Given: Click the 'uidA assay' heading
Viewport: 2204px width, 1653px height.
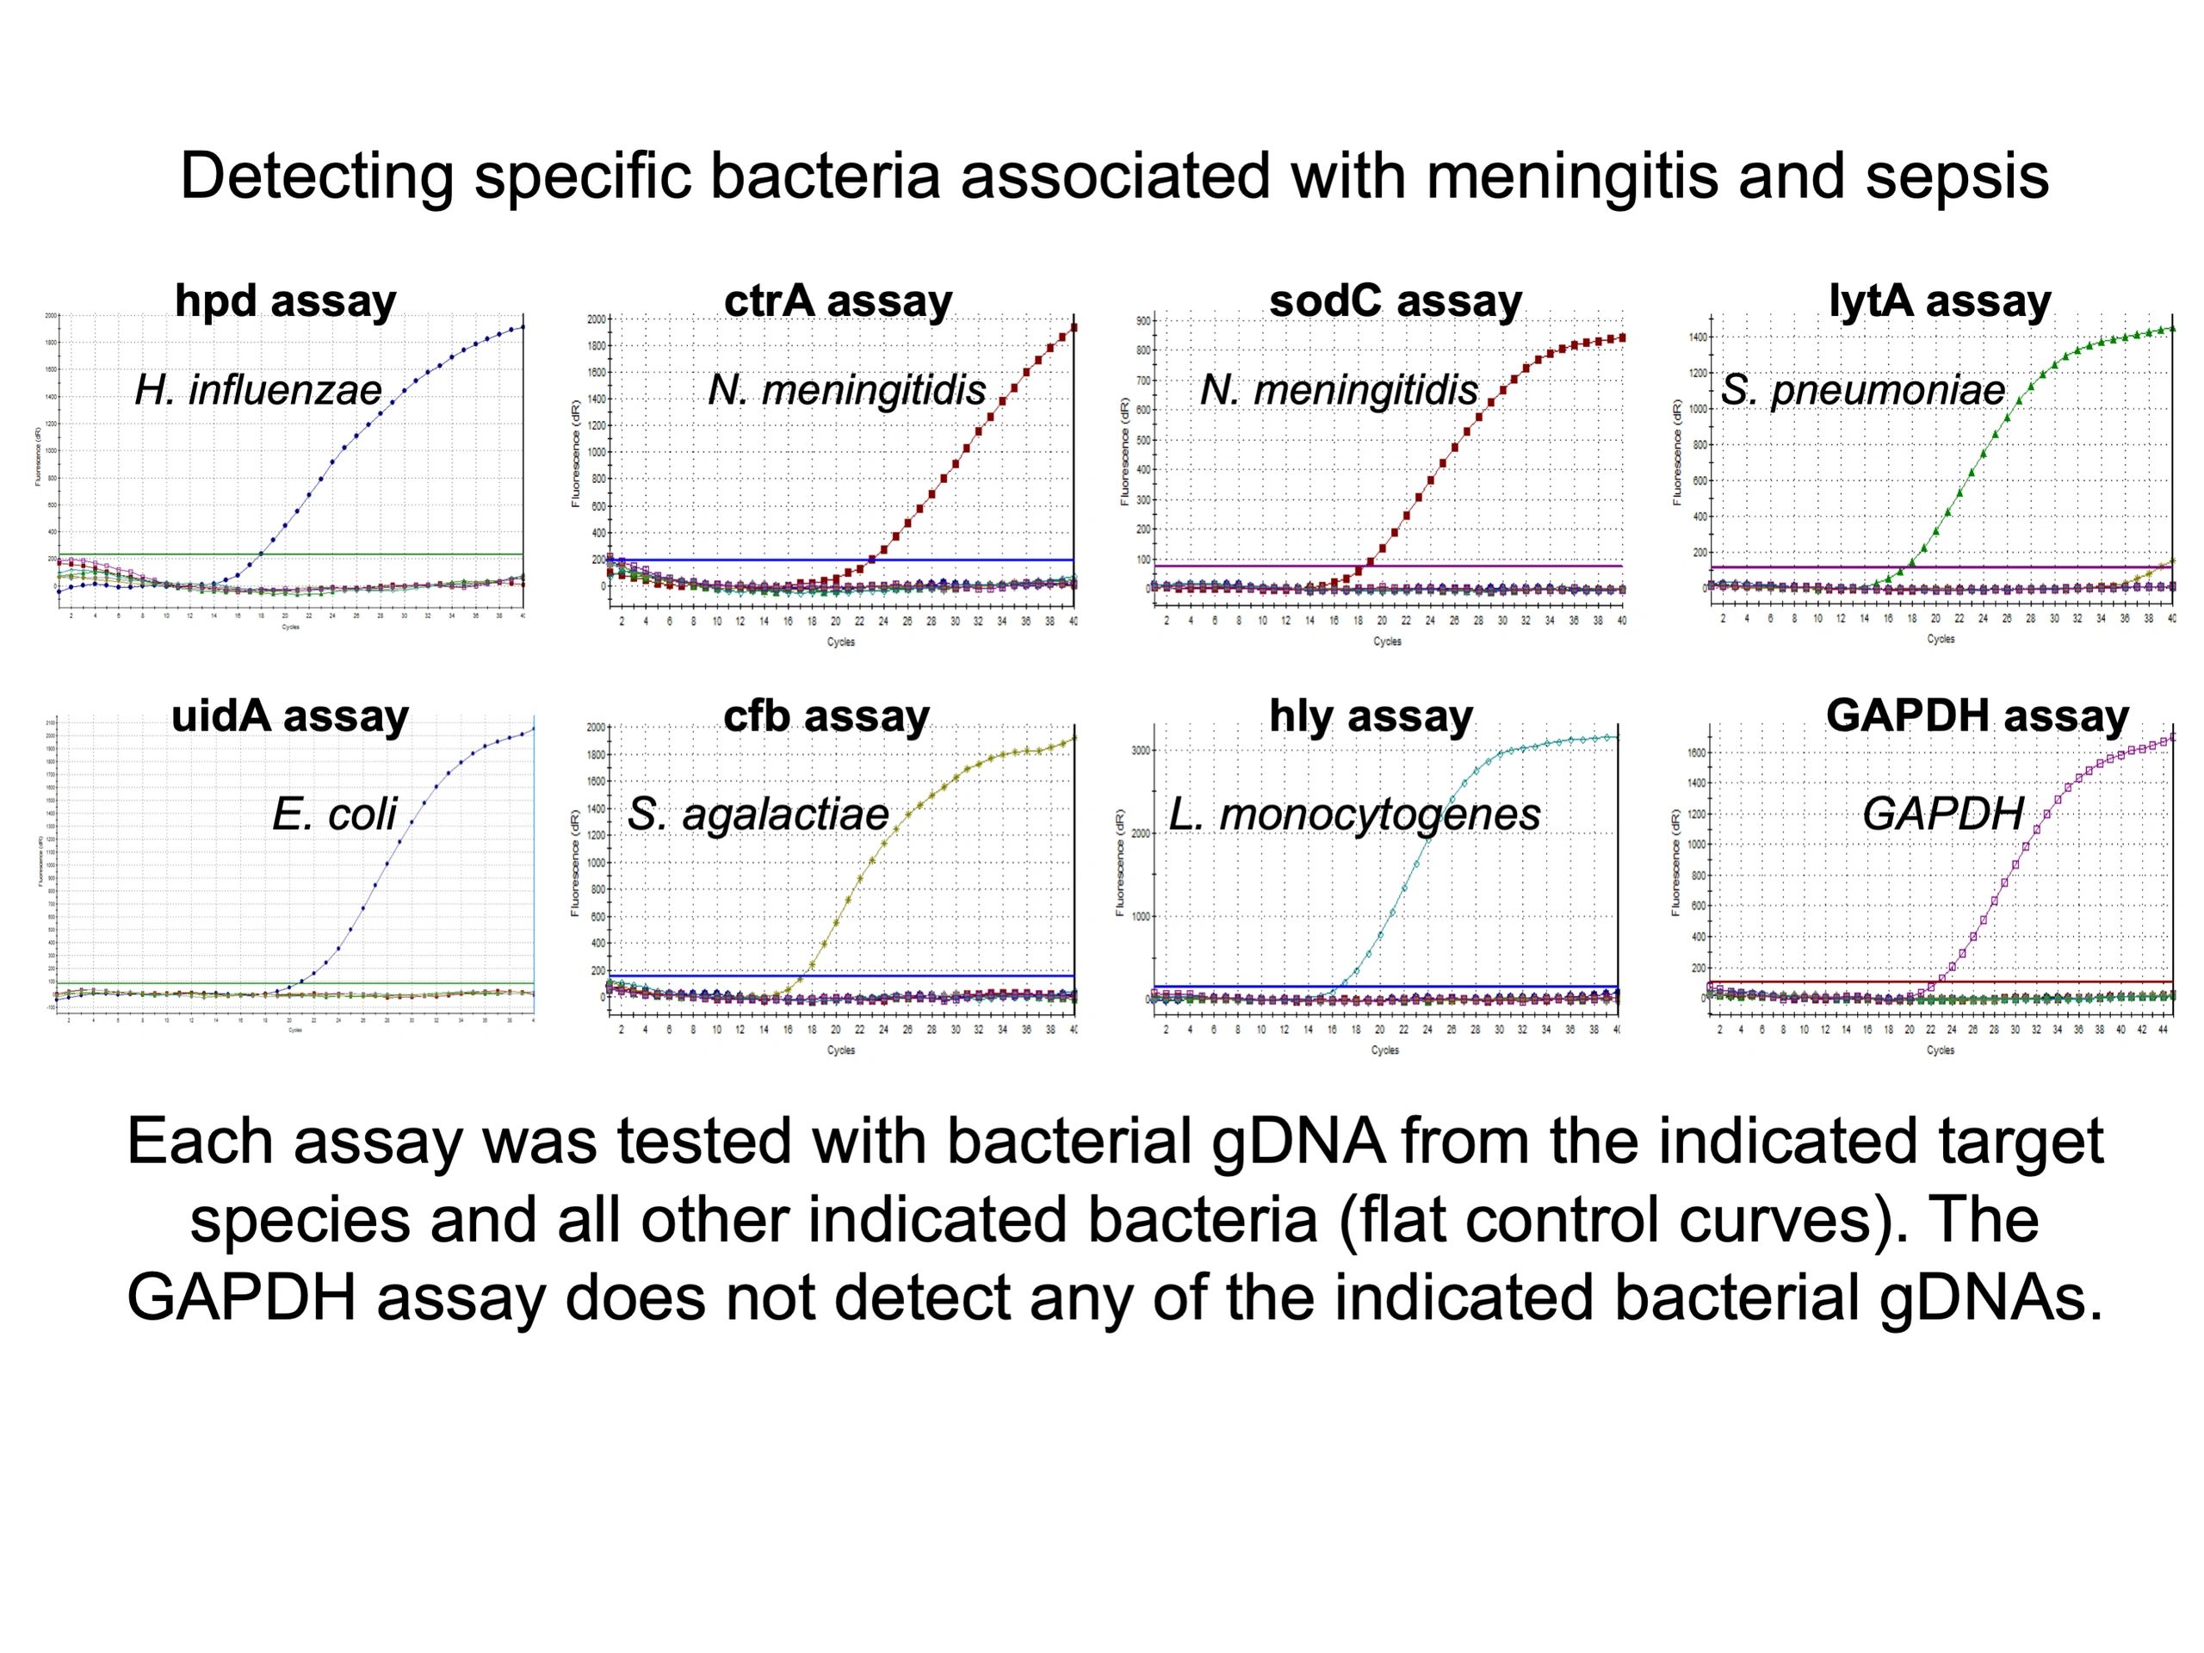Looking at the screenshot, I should pos(290,715).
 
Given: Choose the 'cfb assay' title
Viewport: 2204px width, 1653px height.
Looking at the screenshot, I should pos(826,715).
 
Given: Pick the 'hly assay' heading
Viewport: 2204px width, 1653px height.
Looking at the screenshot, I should pos(1370,715).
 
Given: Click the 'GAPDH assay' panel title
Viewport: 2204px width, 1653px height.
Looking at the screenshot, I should pos(1977,715).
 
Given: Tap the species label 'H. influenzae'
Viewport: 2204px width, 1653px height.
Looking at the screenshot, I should pos(258,390).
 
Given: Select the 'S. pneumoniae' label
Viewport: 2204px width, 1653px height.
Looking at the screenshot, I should pos(1862,390).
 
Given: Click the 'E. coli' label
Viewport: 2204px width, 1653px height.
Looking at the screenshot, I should pos(334,815).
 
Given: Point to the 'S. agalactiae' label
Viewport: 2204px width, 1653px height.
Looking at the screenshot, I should pos(758,815).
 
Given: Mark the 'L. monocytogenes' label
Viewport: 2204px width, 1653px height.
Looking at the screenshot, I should pos(1354,815).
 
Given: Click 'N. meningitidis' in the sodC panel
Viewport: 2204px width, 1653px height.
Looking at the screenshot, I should pos(1338,390).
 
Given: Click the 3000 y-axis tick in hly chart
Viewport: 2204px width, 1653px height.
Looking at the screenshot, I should pos(1141,750).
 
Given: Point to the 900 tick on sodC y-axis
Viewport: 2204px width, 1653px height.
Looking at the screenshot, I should pos(1142,321).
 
